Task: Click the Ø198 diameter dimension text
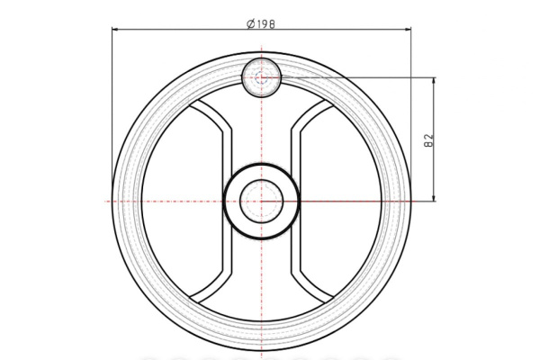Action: (x=261, y=24)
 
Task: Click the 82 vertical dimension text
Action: (x=428, y=140)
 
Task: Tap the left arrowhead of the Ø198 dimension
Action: (x=116, y=30)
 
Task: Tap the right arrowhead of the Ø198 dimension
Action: (x=408, y=30)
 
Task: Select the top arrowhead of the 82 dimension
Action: (x=434, y=81)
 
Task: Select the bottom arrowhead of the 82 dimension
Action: (x=434, y=197)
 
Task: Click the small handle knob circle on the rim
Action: (x=262, y=77)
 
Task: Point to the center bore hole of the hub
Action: (x=262, y=202)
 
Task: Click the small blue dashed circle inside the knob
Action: (x=261, y=78)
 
